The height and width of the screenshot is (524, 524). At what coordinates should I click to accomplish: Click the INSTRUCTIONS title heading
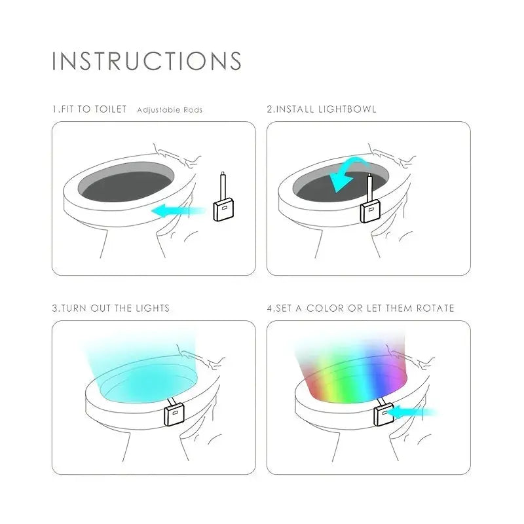(x=147, y=61)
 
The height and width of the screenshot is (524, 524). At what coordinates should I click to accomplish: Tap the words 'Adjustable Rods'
(x=170, y=110)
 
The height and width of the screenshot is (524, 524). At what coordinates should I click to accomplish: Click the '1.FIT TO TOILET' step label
(x=90, y=109)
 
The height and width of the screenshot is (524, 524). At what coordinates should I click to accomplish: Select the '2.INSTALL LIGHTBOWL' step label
(x=322, y=109)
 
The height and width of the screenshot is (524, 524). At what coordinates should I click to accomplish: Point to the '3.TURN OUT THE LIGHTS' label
(x=111, y=308)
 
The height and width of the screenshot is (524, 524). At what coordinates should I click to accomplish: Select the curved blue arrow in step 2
(x=346, y=172)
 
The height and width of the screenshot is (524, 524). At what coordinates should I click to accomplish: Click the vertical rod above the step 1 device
(x=223, y=186)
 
